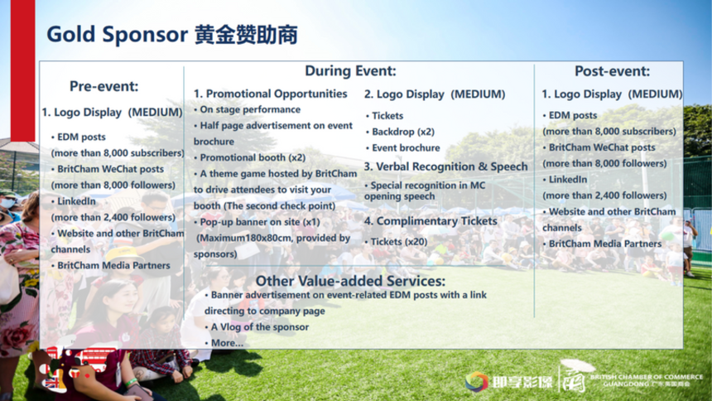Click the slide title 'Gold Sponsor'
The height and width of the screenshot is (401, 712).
[x=118, y=35]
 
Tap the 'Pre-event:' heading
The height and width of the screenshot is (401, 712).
[x=104, y=86]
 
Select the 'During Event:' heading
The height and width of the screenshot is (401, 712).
[x=350, y=70]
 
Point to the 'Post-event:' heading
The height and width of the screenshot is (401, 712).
[x=612, y=71]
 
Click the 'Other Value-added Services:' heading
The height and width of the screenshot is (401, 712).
[x=350, y=281]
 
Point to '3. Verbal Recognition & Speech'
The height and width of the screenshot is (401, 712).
[x=446, y=167]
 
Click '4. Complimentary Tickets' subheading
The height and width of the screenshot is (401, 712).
[x=431, y=221]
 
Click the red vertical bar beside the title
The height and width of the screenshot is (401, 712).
[x=22, y=70]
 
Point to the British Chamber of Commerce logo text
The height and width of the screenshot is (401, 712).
[x=647, y=380]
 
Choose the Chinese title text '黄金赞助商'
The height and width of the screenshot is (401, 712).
[x=246, y=35]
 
